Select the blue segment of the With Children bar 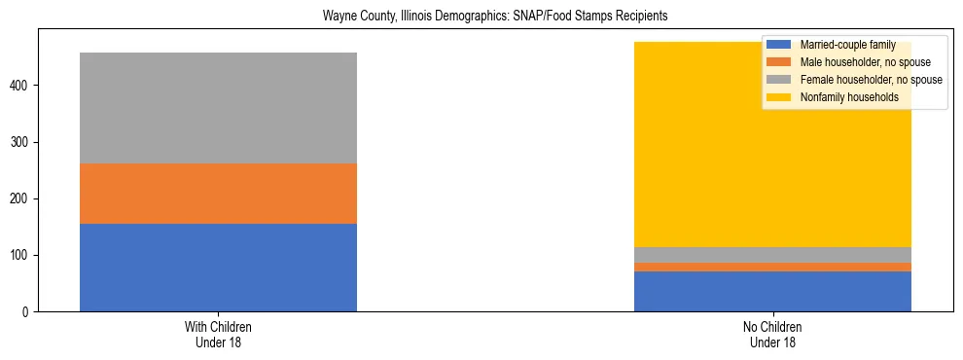click(x=218, y=268)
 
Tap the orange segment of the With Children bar click(x=218, y=194)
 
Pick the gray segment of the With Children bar click(x=218, y=108)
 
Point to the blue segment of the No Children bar click(x=772, y=291)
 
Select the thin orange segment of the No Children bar click(x=772, y=267)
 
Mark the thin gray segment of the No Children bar click(x=772, y=255)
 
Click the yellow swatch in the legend click(x=779, y=97)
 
